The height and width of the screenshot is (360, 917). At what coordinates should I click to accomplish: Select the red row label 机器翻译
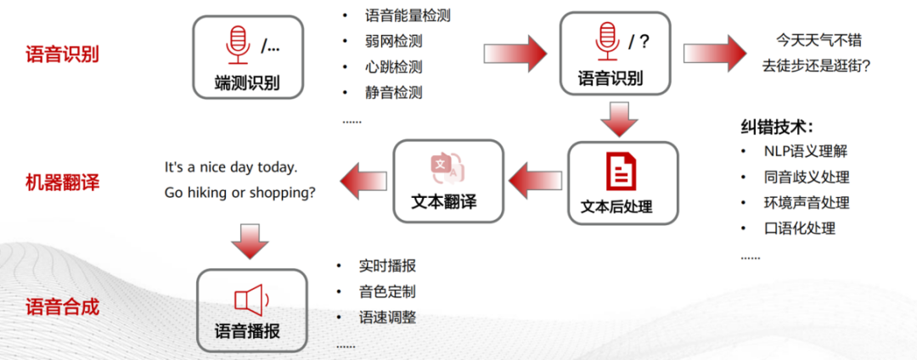pos(62,181)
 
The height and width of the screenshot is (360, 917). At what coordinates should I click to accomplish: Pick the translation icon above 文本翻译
pos(447,167)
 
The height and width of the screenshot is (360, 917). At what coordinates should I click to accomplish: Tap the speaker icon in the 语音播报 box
pos(250,300)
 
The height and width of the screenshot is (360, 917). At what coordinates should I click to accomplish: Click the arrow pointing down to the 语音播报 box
pos(250,240)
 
